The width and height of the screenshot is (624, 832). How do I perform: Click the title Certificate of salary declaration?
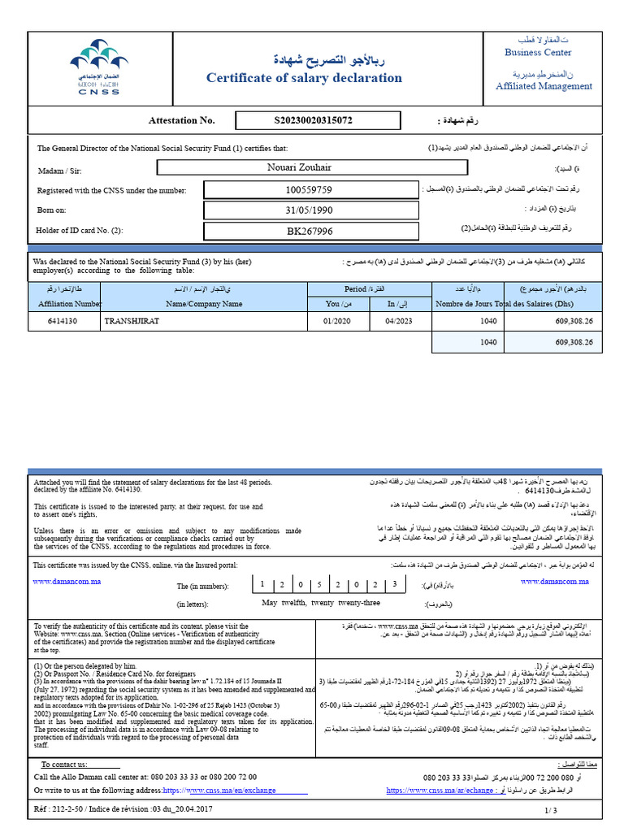pos(304,78)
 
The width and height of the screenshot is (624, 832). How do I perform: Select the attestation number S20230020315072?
pos(314,120)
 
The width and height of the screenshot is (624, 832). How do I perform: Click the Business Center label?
pos(538,53)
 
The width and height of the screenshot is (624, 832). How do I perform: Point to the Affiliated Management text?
pos(544,86)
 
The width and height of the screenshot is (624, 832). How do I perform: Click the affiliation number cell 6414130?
pos(63,321)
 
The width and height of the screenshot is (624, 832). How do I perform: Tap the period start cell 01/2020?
pos(333,321)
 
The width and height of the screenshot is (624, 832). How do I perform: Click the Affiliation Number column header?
pos(64,304)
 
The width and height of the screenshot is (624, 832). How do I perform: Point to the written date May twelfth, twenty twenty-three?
pos(321,604)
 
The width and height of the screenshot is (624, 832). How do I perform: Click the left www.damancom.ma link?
pos(66,582)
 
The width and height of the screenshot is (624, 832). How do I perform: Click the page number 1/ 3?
pos(551,811)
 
